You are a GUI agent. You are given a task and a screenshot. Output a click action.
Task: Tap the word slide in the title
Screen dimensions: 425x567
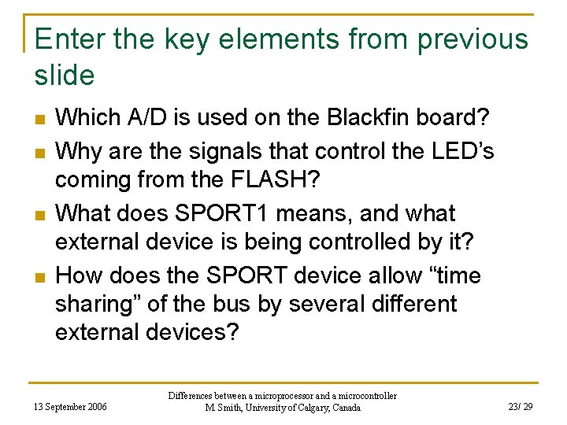click(x=65, y=76)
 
